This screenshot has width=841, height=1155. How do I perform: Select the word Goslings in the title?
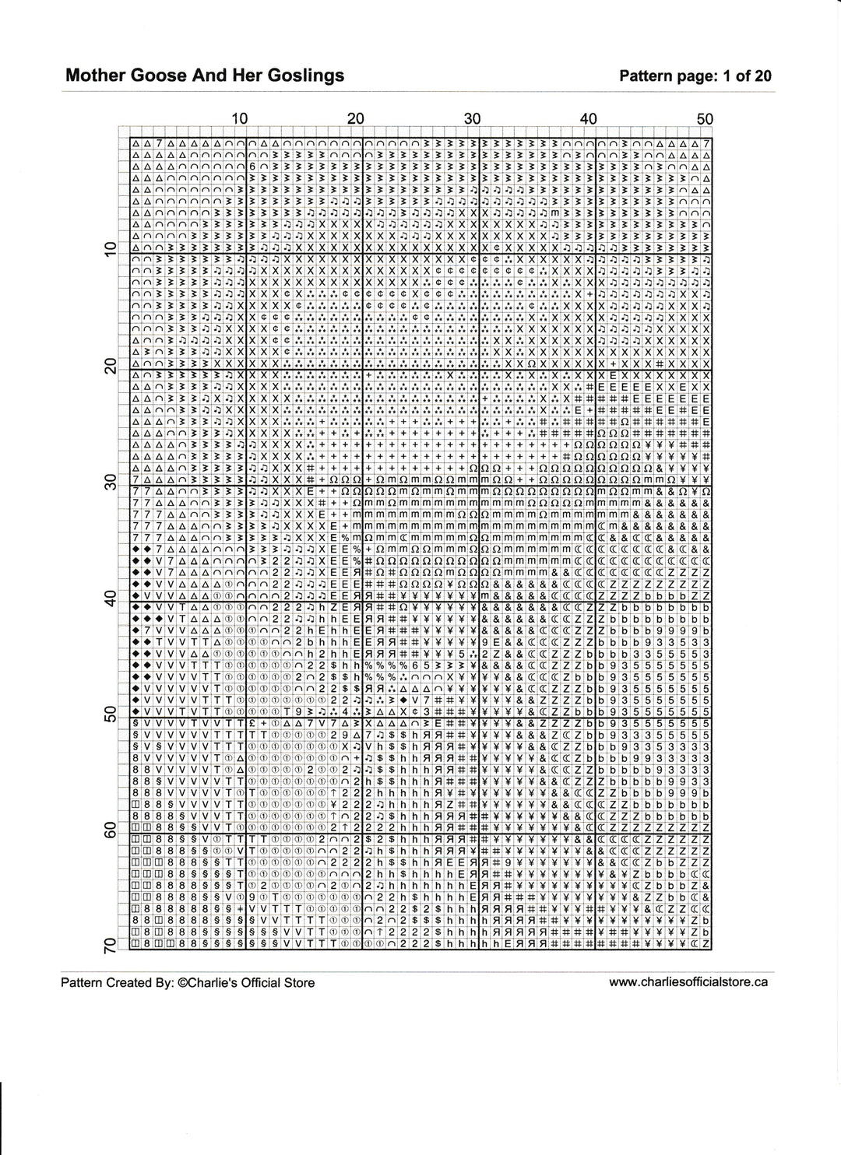(304, 75)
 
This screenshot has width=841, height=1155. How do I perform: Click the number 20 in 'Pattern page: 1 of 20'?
(763, 75)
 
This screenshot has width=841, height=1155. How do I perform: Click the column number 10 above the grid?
(240, 119)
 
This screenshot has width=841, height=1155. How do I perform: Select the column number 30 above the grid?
(473, 119)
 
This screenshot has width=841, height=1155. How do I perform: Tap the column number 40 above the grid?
(589, 119)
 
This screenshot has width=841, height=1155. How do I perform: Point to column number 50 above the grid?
(705, 119)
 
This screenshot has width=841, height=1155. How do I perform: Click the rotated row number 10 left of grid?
(110, 249)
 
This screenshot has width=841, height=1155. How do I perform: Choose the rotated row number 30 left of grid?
(110, 482)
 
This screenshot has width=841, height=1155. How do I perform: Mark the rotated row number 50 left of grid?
(110, 714)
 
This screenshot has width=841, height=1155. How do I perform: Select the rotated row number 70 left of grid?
(110, 946)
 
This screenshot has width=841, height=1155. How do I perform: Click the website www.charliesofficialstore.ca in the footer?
(688, 981)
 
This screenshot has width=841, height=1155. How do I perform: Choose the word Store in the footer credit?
(299, 982)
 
